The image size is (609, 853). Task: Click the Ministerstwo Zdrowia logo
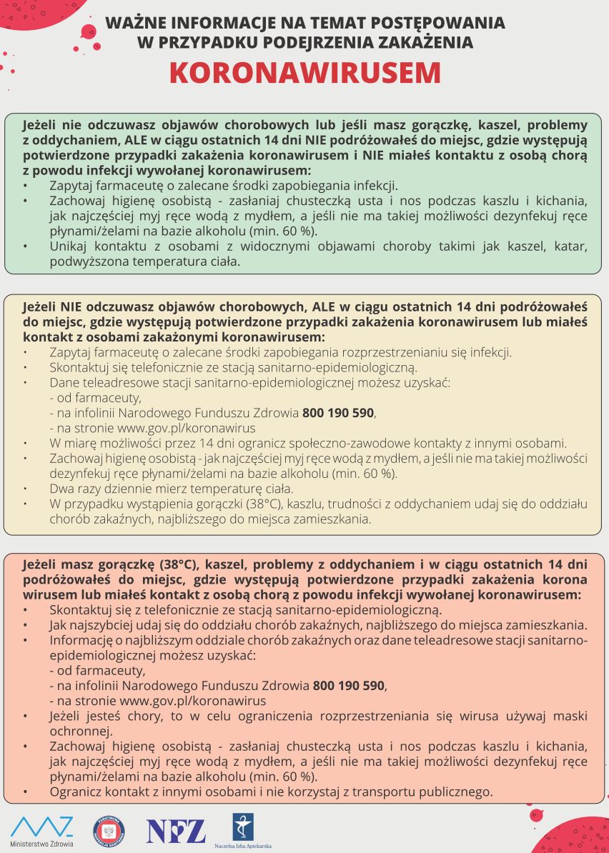(41, 830)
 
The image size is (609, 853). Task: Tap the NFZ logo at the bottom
(176, 831)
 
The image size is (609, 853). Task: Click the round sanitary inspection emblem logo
(109, 830)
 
